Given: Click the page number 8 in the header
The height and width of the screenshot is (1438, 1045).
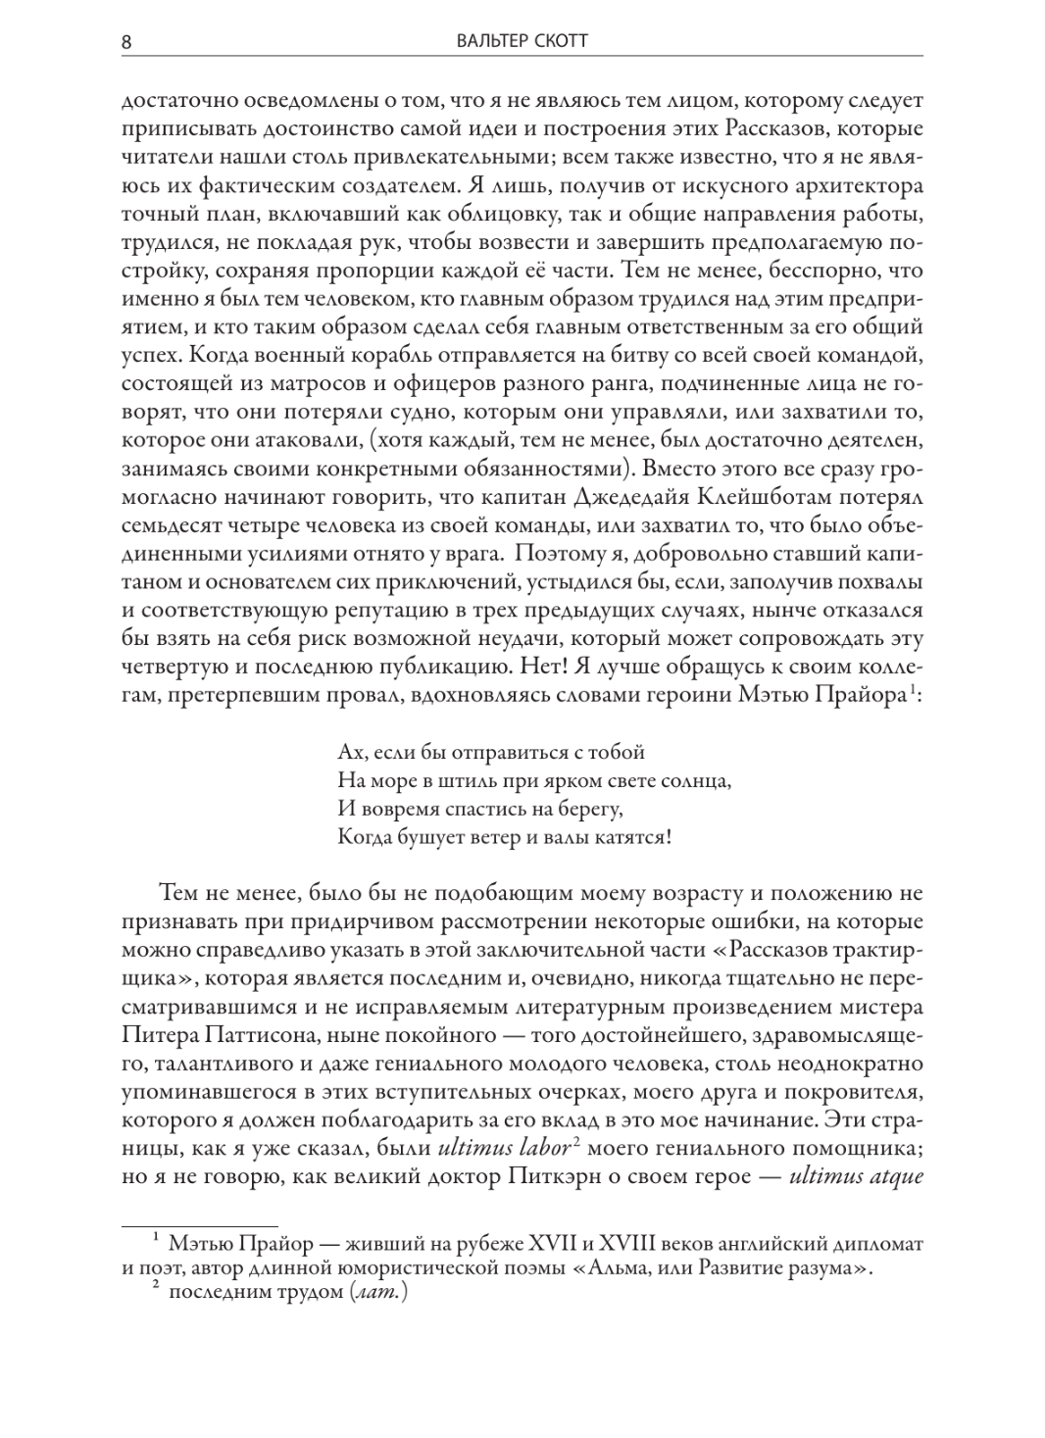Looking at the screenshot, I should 127,42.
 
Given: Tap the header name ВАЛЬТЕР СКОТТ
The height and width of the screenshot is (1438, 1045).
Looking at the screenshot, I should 522,42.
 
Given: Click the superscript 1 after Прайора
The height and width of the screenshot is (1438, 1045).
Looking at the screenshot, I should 912,690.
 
